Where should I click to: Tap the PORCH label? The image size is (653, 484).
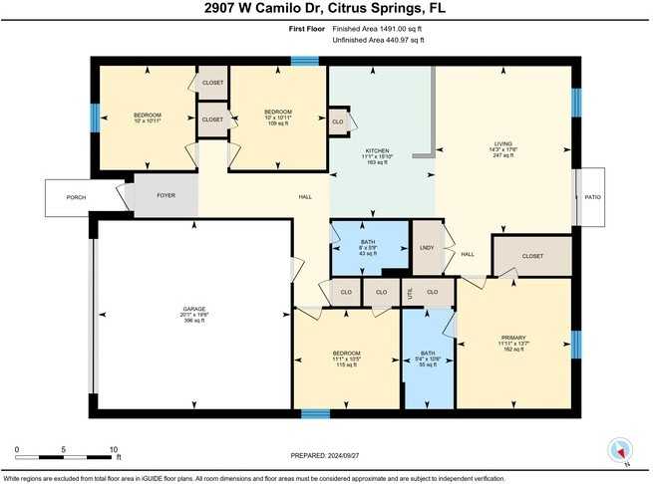76,197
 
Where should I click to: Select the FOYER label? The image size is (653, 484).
165,196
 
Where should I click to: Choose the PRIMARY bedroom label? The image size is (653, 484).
513,339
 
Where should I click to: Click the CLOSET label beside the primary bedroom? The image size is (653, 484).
532,256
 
